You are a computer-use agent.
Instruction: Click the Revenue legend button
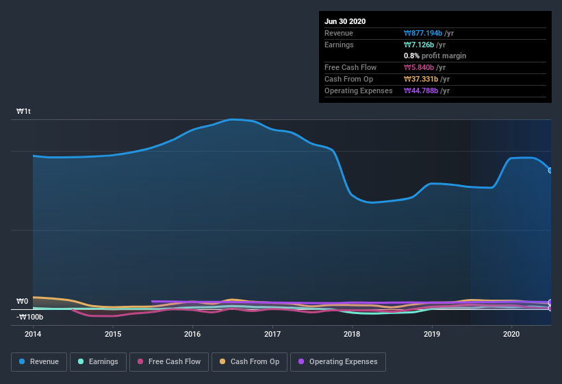click(39, 361)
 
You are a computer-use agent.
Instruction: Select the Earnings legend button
click(98, 361)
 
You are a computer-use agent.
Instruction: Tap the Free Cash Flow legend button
click(169, 361)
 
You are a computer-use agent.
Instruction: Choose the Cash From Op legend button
click(250, 361)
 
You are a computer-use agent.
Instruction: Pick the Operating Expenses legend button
click(337, 361)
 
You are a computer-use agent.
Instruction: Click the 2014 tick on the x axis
click(33, 334)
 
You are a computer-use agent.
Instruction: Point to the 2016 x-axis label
click(192, 334)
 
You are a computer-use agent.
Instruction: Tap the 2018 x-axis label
click(352, 334)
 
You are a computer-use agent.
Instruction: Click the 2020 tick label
click(511, 334)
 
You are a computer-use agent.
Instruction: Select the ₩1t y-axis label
click(24, 111)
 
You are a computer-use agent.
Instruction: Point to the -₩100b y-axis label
click(30, 317)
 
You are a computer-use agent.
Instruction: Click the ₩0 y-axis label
click(22, 301)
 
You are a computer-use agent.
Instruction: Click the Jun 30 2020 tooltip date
click(345, 21)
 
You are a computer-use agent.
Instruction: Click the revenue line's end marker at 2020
click(550, 170)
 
